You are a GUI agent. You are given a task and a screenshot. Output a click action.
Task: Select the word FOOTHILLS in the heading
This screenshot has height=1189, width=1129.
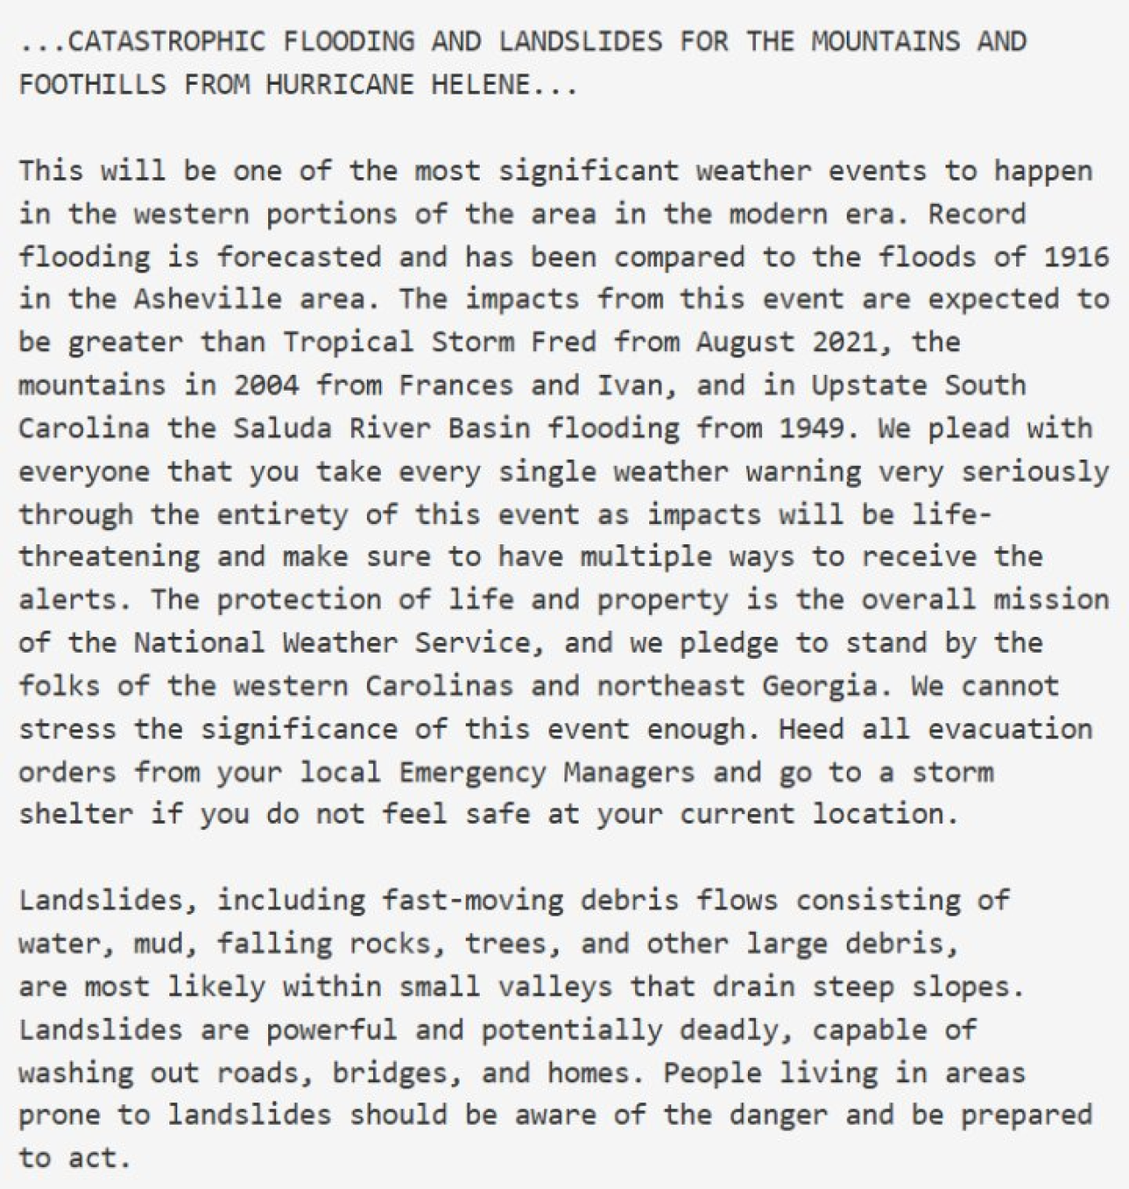[x=92, y=85]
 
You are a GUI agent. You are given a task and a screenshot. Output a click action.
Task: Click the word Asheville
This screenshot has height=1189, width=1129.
[x=207, y=300]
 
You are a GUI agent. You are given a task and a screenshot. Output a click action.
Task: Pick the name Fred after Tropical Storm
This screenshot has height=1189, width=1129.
[x=563, y=342]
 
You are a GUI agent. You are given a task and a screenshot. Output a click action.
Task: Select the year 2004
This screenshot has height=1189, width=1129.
[x=265, y=385]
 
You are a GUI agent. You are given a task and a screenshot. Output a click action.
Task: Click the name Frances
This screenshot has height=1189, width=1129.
[x=454, y=385]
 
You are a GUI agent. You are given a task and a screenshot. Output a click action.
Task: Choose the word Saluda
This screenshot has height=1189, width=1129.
[x=282, y=429]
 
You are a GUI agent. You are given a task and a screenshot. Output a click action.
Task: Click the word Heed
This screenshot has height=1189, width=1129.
[x=811, y=729]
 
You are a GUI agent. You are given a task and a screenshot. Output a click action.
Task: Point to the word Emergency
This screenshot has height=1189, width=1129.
[x=471, y=773]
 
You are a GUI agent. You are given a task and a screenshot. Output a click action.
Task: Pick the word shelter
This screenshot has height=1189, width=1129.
[x=76, y=814]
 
